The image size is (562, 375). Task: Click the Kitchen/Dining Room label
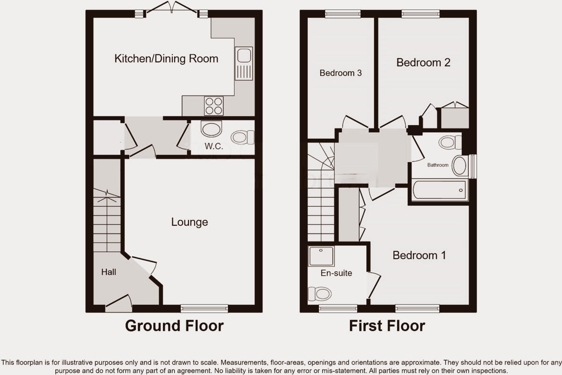click(166, 59)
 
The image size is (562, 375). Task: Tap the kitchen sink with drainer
click(243, 63)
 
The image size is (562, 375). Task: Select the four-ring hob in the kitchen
click(214, 105)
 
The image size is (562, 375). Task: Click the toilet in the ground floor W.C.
click(242, 137)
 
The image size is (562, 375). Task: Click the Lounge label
click(189, 222)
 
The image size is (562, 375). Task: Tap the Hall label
click(109, 272)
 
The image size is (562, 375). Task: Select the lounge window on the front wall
click(204, 308)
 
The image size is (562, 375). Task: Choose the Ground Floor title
click(174, 326)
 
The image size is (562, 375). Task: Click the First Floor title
click(387, 326)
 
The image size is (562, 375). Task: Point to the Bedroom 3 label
click(340, 73)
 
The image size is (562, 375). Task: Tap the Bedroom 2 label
click(423, 62)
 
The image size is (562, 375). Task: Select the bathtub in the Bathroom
click(439, 190)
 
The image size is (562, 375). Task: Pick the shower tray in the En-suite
click(321, 256)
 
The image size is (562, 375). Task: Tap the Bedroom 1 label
click(419, 255)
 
